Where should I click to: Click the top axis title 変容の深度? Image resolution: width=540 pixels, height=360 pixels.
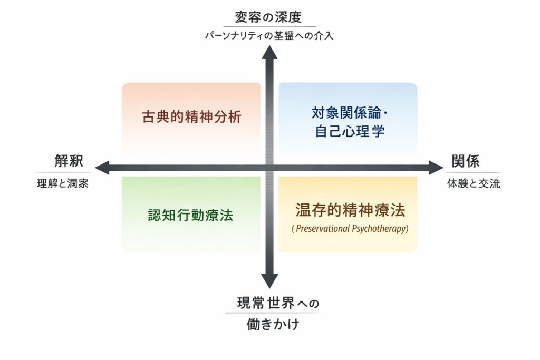point(269,17)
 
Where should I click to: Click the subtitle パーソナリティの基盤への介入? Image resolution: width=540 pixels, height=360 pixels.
point(269,36)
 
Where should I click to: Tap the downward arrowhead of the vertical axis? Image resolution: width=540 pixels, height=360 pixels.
point(269,281)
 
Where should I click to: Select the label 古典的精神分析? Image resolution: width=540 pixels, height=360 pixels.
point(191,116)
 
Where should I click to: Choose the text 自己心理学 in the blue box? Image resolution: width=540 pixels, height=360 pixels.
point(350,131)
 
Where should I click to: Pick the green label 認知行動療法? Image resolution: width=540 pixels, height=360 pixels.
point(190,215)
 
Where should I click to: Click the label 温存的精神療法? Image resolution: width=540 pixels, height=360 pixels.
point(350,210)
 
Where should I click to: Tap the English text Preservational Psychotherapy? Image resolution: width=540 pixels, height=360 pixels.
point(350,229)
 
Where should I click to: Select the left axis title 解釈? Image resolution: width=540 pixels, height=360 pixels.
point(69,161)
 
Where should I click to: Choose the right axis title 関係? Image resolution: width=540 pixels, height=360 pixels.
point(465,161)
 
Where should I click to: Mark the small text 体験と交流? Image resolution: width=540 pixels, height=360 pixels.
point(474,184)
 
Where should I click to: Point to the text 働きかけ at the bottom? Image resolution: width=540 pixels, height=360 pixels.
point(273,324)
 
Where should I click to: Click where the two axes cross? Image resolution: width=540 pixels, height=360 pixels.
point(269,168)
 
